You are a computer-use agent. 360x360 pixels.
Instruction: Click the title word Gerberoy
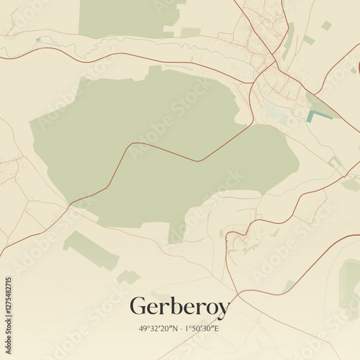click(179, 307)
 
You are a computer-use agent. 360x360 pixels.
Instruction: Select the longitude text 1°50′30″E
click(202, 328)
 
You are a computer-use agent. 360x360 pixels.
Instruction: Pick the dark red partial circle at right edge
click(357, 68)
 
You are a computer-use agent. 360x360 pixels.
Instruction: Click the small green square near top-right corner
click(326, 25)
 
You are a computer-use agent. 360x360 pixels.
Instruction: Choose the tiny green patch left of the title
click(128, 276)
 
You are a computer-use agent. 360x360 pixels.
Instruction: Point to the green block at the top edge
click(126, 18)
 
